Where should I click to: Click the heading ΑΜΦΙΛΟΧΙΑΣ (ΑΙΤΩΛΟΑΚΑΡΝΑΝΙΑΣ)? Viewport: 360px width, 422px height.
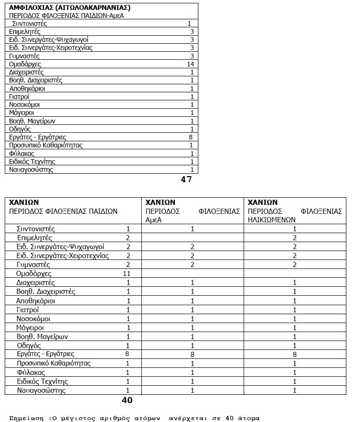[70, 8]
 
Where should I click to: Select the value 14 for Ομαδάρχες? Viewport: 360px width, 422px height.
[190, 64]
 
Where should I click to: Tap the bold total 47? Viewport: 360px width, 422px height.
[186, 179]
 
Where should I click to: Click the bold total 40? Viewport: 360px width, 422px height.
[127, 401]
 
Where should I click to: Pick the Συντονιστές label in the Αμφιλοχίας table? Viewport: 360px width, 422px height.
[29, 24]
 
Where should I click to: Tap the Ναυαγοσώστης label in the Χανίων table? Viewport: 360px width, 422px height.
[41, 390]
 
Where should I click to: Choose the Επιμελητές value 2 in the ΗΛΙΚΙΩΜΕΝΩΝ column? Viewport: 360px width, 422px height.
[295, 238]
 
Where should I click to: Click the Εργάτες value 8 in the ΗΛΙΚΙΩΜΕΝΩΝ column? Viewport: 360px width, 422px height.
[295, 354]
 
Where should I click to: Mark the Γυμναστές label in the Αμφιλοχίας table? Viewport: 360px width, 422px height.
[24, 56]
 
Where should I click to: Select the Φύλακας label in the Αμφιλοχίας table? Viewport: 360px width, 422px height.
[22, 154]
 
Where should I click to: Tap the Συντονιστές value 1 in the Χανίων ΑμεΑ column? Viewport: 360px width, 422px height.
[192, 229]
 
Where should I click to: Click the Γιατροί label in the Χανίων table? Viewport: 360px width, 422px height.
[27, 309]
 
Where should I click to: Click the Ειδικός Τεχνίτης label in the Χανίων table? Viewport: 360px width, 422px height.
[42, 381]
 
